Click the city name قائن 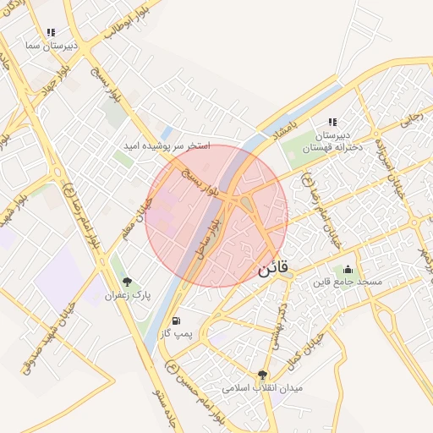coord(272,269)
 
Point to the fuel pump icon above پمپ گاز coord(176,321)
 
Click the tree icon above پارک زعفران coord(128,282)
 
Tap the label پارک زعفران coord(127,296)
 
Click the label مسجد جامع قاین coord(348,281)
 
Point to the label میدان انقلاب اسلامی coord(262,388)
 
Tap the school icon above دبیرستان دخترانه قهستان coord(332,122)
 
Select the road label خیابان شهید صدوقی coord(47,337)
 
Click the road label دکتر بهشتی coord(280,324)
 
